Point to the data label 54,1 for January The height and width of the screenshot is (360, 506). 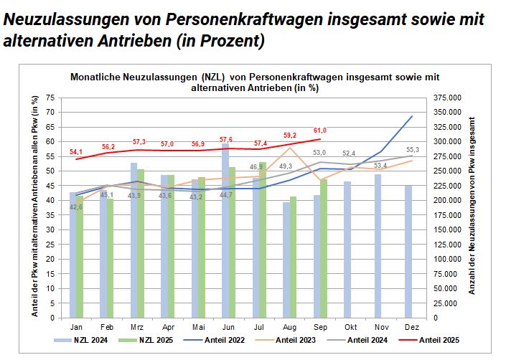[x=75, y=151]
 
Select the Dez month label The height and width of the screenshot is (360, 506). [x=408, y=325]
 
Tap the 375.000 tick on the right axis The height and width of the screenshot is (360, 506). [x=446, y=98]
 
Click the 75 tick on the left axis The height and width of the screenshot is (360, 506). [x=50, y=98]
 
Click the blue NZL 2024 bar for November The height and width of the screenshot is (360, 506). [x=378, y=245]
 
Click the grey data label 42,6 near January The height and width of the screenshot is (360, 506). [x=74, y=208]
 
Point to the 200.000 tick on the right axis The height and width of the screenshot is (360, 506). [x=446, y=200]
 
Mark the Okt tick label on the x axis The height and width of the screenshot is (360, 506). [x=347, y=325]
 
